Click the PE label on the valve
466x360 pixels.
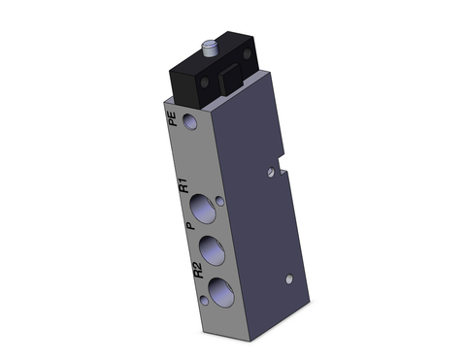[172, 121]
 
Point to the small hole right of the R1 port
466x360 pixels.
[220, 202]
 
